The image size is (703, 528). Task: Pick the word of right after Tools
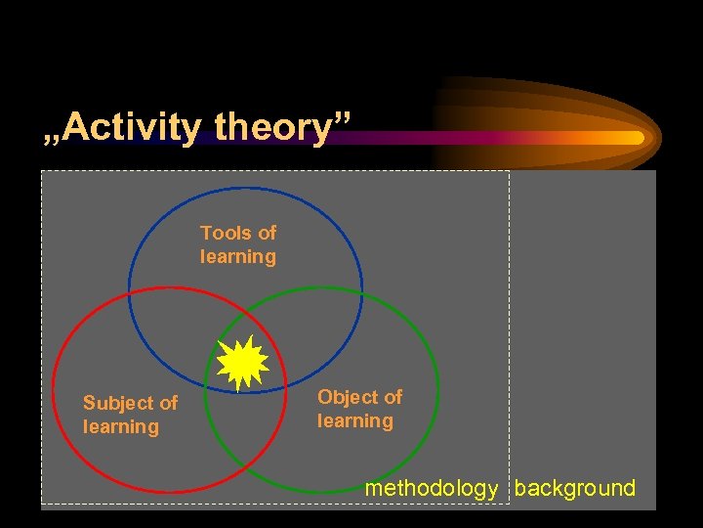(x=267, y=233)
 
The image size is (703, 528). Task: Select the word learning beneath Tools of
(x=238, y=256)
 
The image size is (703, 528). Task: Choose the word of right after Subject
(x=168, y=403)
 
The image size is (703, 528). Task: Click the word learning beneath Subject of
(x=121, y=426)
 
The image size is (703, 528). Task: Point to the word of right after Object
(x=393, y=397)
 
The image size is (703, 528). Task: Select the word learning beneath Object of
(x=355, y=420)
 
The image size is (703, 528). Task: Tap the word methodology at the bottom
(x=431, y=489)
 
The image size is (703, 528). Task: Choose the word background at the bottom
(x=574, y=489)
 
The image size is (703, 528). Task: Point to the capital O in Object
(x=325, y=397)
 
